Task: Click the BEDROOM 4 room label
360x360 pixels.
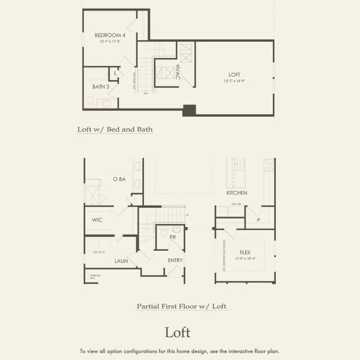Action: pos(106,35)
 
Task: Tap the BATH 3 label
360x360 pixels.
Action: pos(101,87)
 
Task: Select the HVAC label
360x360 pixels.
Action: pos(178,72)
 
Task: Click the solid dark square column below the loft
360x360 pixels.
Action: pos(189,110)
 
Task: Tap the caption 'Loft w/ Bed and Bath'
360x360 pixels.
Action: pos(115,129)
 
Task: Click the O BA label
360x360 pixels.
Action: pos(119,179)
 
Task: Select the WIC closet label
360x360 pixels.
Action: pos(98,220)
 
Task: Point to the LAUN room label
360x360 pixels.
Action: pos(121,261)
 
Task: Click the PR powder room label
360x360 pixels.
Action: pos(172,238)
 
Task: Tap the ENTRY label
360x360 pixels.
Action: pos(175,260)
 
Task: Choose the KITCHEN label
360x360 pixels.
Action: pos(236,193)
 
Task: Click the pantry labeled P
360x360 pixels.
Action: pos(258,220)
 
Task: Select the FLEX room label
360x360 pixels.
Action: pos(245,252)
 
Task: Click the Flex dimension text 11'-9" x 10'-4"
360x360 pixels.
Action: pos(245,259)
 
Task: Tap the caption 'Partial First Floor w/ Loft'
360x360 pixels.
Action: pos(182,307)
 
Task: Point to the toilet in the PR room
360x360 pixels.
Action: pos(176,229)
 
